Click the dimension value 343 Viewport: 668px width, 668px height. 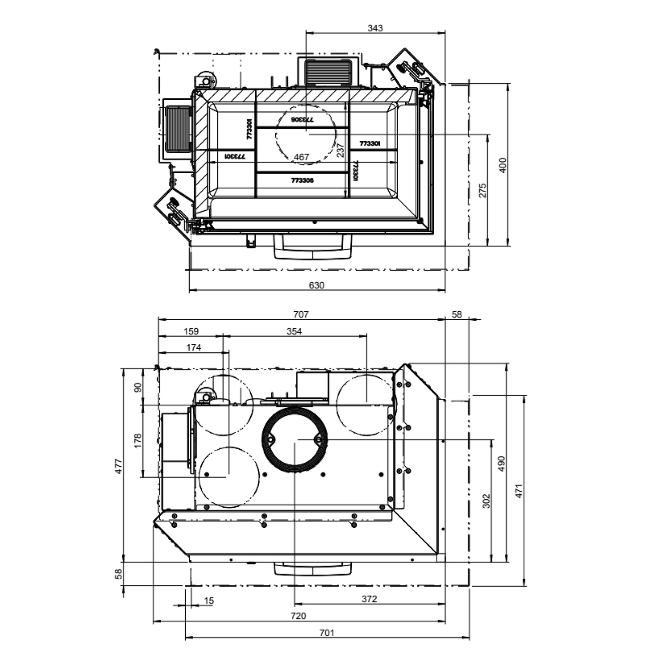click(x=375, y=28)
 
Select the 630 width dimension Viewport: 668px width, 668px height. click(x=317, y=285)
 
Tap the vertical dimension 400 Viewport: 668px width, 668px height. click(x=503, y=165)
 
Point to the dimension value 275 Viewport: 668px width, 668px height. click(x=483, y=190)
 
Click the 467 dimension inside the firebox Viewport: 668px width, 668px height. click(x=301, y=157)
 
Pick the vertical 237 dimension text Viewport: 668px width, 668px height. click(x=341, y=150)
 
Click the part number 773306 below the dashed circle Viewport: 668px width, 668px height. click(x=302, y=180)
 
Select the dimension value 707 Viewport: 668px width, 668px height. click(x=301, y=315)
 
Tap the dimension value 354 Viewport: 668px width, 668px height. click(x=294, y=331)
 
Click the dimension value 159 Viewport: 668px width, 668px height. click(x=191, y=331)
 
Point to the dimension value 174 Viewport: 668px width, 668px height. click(x=194, y=348)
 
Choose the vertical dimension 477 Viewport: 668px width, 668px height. click(x=118, y=465)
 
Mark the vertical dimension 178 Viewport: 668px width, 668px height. click(x=138, y=440)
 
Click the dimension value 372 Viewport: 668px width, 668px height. click(x=369, y=599)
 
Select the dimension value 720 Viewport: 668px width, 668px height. click(x=298, y=616)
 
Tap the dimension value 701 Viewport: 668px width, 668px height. click(x=327, y=633)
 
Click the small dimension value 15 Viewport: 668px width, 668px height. click(x=209, y=601)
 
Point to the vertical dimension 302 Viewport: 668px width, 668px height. click(x=486, y=501)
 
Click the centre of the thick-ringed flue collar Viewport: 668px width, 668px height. click(x=295, y=440)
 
